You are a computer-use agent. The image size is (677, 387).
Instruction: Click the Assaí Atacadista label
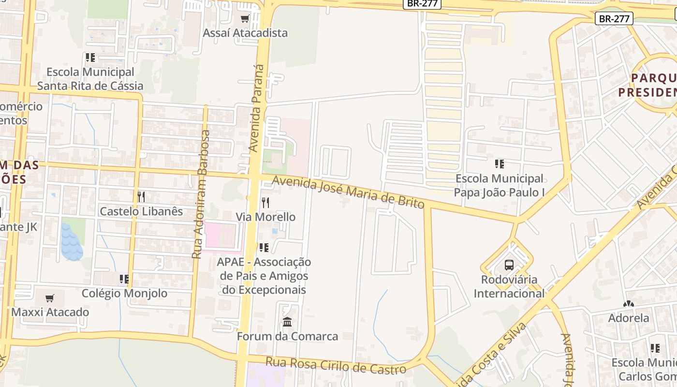click(245, 33)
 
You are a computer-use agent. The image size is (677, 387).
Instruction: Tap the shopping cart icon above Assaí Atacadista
click(245, 19)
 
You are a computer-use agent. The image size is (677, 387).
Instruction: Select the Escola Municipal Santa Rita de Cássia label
click(90, 79)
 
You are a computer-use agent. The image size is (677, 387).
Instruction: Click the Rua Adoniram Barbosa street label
click(201, 193)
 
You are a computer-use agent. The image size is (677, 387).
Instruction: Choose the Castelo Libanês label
click(141, 211)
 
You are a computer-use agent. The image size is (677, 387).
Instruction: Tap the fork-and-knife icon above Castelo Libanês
click(141, 197)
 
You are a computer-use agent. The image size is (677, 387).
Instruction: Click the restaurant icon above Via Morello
click(265, 202)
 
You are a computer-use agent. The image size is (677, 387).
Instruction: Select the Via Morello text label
click(265, 217)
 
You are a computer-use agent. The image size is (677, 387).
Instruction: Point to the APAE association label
click(264, 276)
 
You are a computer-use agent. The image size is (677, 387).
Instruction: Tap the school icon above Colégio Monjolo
click(124, 279)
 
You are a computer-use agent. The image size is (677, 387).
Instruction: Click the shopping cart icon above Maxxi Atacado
click(50, 298)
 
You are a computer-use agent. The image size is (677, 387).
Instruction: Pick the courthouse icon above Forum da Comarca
click(287, 322)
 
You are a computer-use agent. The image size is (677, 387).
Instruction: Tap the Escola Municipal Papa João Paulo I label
click(500, 185)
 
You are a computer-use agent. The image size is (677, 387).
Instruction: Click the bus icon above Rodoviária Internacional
click(509, 265)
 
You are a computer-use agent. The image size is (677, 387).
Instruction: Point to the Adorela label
click(629, 318)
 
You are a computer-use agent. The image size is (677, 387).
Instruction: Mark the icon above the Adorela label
click(629, 304)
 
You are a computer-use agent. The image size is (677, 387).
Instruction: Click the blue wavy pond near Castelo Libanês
click(72, 242)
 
